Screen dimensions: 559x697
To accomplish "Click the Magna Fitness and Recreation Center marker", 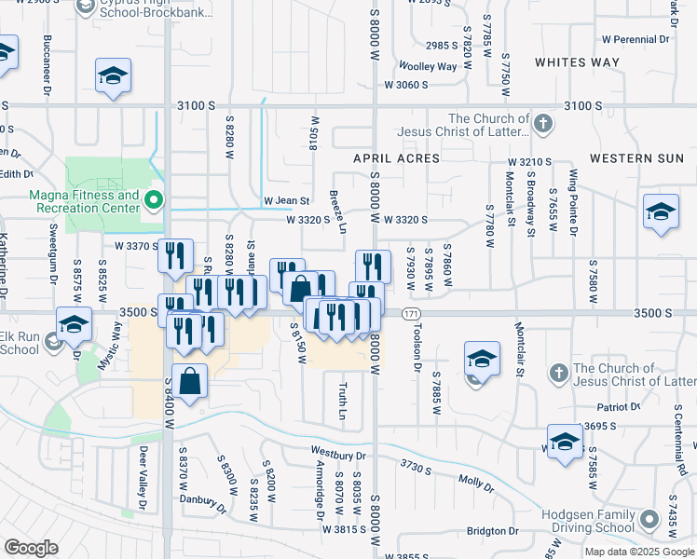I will tap(155, 200).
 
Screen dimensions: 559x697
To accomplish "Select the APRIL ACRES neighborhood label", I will tap(396, 159).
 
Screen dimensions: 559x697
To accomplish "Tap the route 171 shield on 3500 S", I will tap(412, 314).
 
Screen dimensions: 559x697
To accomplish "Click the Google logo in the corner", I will tap(31, 548).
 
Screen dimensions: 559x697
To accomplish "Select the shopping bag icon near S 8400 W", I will tap(189, 381).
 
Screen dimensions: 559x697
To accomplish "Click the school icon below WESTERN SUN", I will tap(661, 211).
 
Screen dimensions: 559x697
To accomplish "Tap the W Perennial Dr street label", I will tap(635, 40).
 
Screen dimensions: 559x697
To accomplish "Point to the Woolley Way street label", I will tap(428, 66).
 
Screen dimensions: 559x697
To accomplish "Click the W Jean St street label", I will tap(286, 200).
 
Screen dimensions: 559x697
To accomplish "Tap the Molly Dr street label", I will tap(475, 480).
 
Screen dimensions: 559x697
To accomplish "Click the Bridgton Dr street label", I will tap(493, 531).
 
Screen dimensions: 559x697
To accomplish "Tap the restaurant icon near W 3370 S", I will tap(175, 255).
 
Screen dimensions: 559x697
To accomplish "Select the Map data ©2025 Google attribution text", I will tap(639, 552).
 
